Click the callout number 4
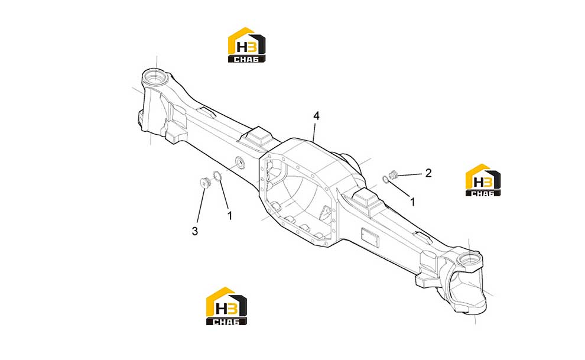[x=316, y=116]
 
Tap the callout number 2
[x=428, y=173]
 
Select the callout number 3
[x=195, y=231]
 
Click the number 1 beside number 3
[x=230, y=216]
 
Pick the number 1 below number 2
[x=412, y=202]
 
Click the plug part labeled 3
[x=204, y=183]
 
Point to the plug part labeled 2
[x=393, y=174]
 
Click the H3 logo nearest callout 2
[x=483, y=180]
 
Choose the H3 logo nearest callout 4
[x=246, y=45]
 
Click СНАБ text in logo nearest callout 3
[x=226, y=321]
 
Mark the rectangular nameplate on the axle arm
[x=370, y=237]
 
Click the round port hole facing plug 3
[x=239, y=163]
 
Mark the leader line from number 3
[x=200, y=206]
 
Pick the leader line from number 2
[x=410, y=174]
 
